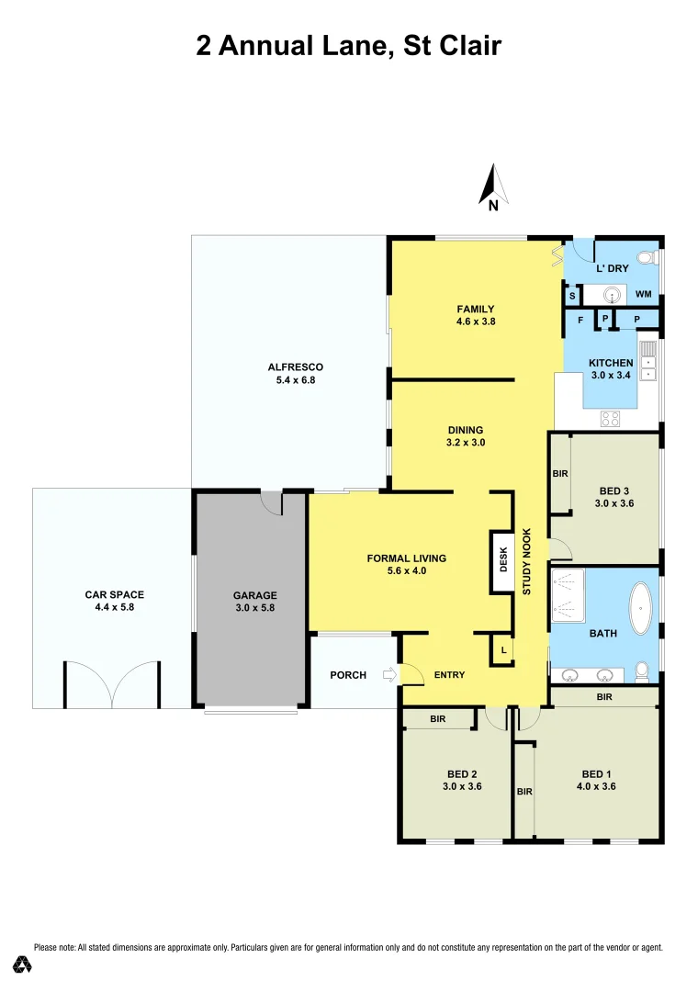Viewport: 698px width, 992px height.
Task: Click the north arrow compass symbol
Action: (x=493, y=186)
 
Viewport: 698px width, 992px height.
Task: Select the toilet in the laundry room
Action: (x=646, y=256)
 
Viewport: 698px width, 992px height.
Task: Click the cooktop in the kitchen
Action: (x=612, y=418)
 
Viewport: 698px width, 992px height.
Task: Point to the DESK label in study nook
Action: (x=503, y=560)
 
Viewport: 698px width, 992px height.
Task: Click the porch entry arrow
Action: (x=389, y=675)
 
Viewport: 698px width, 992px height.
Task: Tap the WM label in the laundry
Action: (x=644, y=295)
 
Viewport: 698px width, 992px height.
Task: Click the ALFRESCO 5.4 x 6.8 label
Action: (x=295, y=373)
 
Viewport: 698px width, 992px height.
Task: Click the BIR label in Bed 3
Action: (x=560, y=474)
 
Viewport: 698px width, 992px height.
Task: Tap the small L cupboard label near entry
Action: (x=503, y=651)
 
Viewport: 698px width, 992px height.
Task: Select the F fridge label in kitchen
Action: (x=580, y=320)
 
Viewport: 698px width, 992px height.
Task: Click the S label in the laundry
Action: (x=571, y=296)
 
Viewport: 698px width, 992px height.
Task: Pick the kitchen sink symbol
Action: (x=649, y=361)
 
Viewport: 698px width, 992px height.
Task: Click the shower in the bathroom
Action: (x=568, y=594)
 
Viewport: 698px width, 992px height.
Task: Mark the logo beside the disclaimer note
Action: (x=22, y=964)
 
